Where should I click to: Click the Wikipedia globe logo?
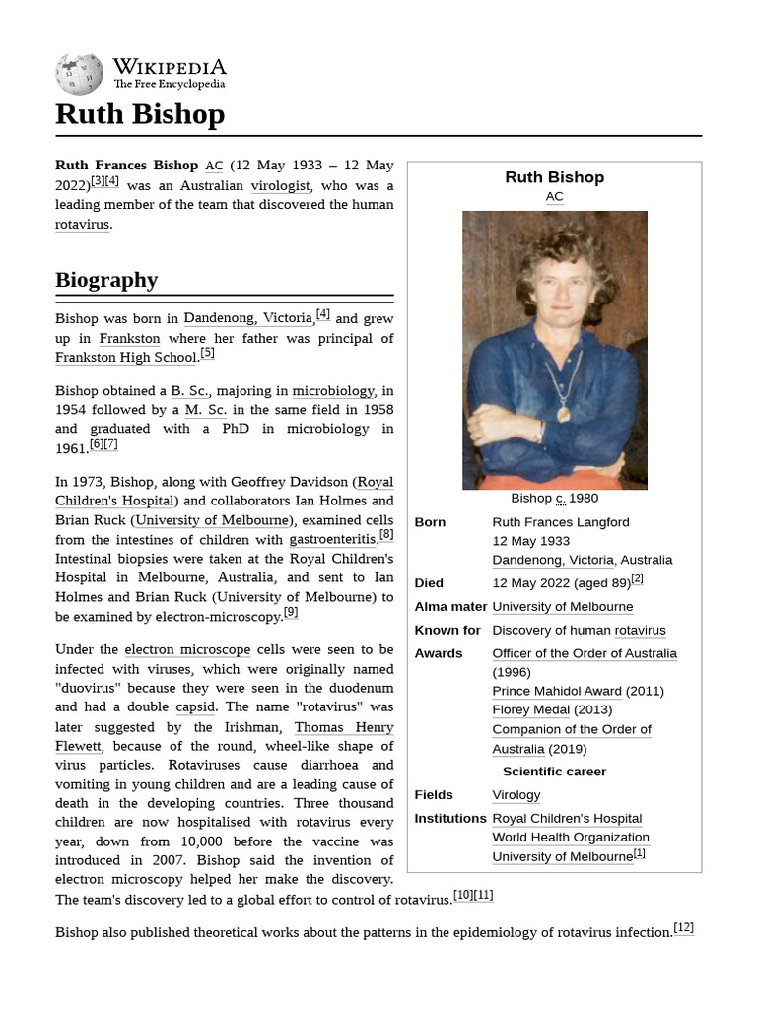[79, 75]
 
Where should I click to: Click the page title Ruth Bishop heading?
[140, 114]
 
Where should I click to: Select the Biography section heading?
[106, 280]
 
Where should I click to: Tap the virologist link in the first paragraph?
[281, 185]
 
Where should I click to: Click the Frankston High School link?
[126, 357]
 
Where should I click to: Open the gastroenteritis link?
[332, 539]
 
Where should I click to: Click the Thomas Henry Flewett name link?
[330, 727]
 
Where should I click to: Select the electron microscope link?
[187, 650]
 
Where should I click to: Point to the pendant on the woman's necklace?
[563, 414]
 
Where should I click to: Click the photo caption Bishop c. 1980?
[554, 499]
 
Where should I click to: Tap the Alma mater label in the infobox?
[450, 607]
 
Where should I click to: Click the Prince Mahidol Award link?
[557, 691]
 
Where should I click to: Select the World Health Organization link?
[571, 838]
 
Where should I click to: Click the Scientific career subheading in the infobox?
[554, 772]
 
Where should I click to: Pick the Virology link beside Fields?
[516, 795]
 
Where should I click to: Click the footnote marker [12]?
[683, 927]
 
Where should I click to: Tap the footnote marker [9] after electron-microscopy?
[290, 612]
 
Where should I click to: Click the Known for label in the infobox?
[447, 631]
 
